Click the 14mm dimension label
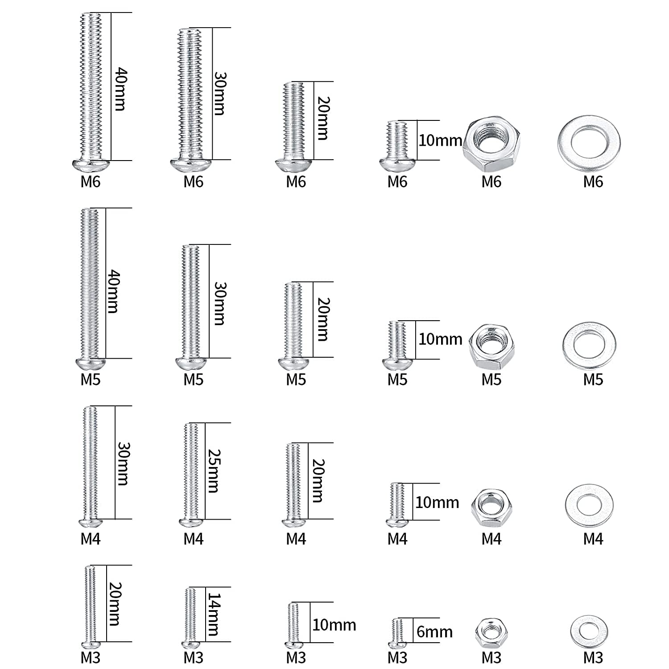pos(213,614)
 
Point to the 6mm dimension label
pos(434,632)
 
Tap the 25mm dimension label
pos(213,471)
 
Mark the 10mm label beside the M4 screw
pos(437,503)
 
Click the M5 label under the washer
pos(593,380)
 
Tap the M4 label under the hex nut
pos(491,539)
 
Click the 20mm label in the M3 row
pos(114,604)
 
